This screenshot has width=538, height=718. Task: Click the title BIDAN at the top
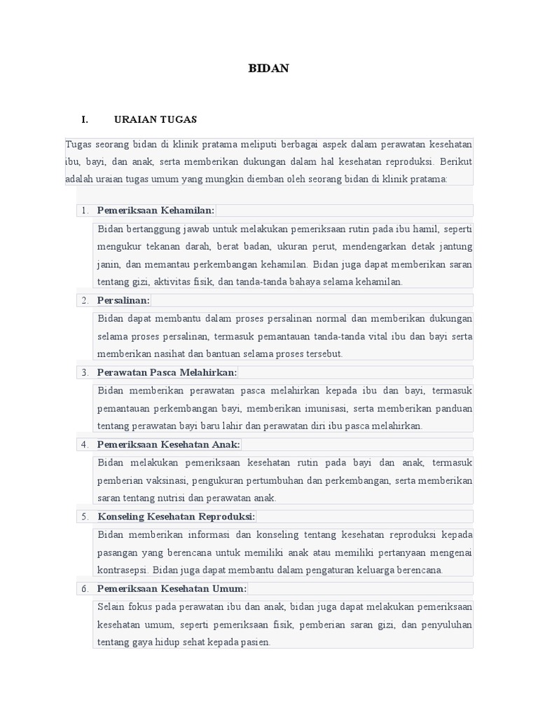tap(269, 69)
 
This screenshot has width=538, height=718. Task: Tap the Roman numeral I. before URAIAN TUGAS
tap(85, 119)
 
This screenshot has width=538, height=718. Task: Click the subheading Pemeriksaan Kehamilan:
tap(156, 210)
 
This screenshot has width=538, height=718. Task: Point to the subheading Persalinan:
tap(123, 300)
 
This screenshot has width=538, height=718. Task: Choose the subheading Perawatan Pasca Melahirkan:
tap(167, 372)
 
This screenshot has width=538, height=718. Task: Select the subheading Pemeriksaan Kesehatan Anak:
tap(168, 445)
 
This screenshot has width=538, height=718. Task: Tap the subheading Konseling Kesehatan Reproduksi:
tap(176, 517)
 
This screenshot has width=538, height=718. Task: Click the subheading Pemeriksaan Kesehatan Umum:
tap(172, 589)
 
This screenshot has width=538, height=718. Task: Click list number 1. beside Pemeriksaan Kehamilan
tap(85, 210)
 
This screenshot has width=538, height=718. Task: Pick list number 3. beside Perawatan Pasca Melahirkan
tap(85, 372)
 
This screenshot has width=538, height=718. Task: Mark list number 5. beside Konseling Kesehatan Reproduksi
tap(85, 517)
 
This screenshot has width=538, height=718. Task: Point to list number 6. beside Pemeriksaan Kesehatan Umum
tap(85, 589)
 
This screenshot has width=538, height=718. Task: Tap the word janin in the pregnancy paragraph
tap(109, 264)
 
